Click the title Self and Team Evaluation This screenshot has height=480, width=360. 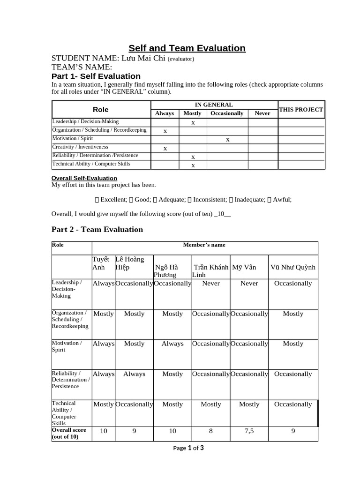[187, 48]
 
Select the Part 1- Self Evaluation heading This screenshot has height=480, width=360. [96, 76]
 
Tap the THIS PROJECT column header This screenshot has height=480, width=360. [301, 109]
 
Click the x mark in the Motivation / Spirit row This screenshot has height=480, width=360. [228, 139]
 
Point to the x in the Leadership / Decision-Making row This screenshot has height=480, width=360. [193, 122]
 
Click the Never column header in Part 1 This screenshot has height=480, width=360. [262, 113]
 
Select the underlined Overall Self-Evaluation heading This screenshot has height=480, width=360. [84, 178]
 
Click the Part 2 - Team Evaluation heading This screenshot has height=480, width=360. [97, 229]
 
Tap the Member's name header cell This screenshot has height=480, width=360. [204, 245]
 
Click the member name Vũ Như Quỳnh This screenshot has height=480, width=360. [293, 267]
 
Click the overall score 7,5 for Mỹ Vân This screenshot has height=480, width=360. [249, 431]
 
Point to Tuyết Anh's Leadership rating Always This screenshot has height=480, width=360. [104, 283]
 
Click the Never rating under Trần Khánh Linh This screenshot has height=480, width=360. [210, 283]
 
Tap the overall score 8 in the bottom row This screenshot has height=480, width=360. [210, 431]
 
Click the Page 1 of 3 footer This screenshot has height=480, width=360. [188, 448]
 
